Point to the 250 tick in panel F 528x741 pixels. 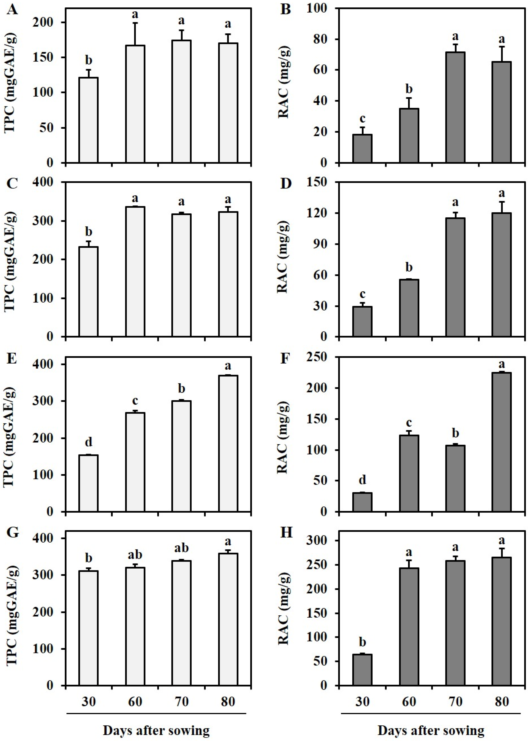point(320,357)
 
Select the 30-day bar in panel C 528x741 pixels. point(88,291)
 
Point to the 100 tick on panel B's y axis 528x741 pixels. point(320,8)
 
